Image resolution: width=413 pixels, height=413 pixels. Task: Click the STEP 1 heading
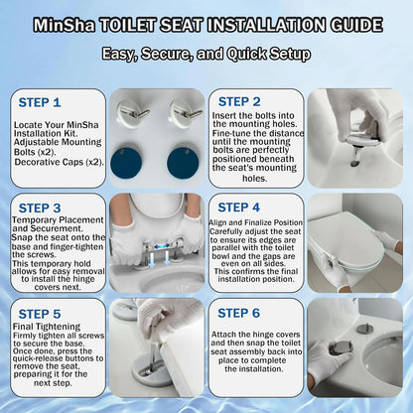coord(40,102)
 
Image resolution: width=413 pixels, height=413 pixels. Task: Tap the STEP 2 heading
coord(239,102)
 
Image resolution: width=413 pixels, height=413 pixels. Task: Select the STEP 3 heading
coord(40,208)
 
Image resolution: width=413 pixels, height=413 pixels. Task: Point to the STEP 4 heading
coord(239,207)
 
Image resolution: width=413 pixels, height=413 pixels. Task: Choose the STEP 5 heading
coord(40,314)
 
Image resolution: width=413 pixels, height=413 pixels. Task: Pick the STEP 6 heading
coord(239,313)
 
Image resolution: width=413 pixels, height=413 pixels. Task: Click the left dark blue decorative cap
coord(126,163)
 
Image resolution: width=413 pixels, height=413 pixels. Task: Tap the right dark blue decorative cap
coord(183,163)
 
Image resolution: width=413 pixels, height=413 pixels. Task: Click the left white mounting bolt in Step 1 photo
coord(132,112)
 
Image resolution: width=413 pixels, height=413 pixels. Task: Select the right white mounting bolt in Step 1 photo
coord(186,112)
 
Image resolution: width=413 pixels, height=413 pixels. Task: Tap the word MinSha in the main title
coord(65,25)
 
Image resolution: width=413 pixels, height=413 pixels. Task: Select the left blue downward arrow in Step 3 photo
coord(152,259)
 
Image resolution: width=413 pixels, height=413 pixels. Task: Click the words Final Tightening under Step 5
coord(47,327)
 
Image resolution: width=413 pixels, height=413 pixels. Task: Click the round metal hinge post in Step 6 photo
coord(364,329)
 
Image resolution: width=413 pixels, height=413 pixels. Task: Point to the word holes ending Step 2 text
coord(254,179)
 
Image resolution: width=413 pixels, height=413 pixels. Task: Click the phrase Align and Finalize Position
coord(256,222)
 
